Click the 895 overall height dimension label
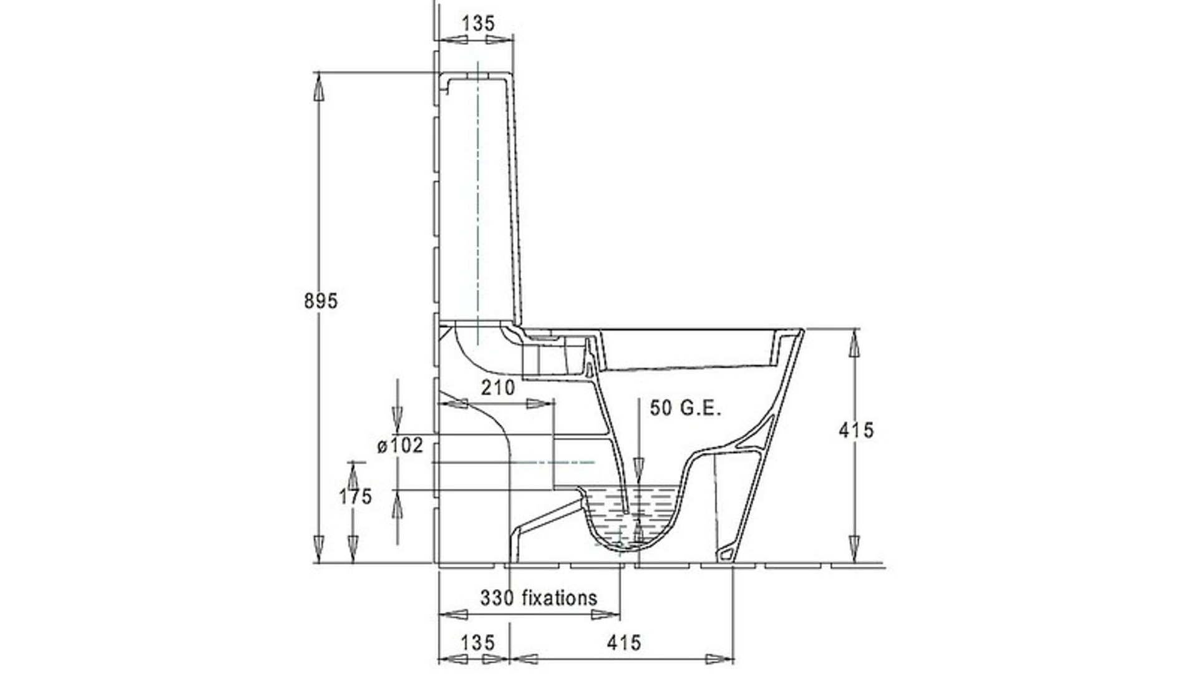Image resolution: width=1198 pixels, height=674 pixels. coord(321,301)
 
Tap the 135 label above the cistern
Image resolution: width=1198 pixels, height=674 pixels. coord(478,23)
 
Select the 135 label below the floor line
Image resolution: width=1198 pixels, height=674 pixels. coord(478,642)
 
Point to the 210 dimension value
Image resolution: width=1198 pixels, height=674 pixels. coord(498,388)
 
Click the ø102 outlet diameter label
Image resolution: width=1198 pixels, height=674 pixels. coord(400,446)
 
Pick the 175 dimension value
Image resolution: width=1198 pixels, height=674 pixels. coord(355,497)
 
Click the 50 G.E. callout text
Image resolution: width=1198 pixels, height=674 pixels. coord(686,409)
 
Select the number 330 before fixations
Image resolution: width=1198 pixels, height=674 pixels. coord(497,598)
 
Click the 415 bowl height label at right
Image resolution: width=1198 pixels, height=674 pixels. coord(856,430)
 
